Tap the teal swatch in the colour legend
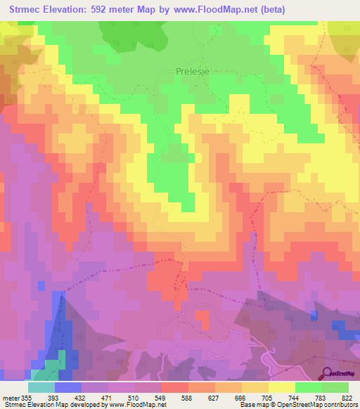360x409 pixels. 41,387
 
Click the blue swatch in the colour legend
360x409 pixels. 68,387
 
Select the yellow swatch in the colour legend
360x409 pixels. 282,387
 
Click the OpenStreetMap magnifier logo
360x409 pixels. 328,372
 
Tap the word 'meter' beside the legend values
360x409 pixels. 11,396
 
